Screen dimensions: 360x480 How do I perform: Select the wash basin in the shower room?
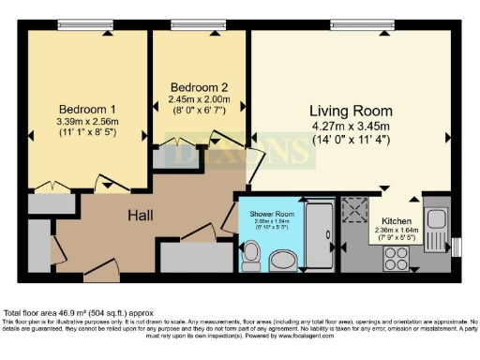281,259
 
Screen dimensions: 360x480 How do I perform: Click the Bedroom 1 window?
84,24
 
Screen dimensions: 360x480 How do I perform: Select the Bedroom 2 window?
200,24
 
